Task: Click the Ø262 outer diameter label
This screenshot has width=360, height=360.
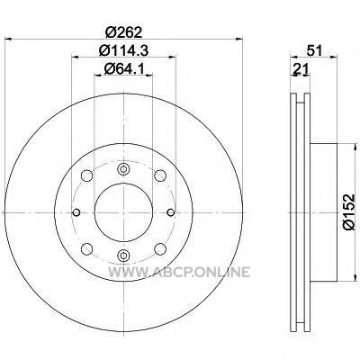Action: (x=123, y=32)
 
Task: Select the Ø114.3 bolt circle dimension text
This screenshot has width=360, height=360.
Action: (x=123, y=50)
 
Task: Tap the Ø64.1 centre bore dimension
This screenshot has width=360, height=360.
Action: (x=123, y=69)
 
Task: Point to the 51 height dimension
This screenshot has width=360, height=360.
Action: (x=314, y=50)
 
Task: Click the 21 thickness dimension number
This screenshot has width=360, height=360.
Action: (x=301, y=69)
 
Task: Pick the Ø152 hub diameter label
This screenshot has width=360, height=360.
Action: (x=349, y=212)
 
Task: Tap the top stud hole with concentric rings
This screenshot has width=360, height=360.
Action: (x=123, y=169)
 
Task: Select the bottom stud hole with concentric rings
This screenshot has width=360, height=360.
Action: (x=123, y=256)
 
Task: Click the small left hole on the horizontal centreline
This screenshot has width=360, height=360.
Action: (x=76, y=212)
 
